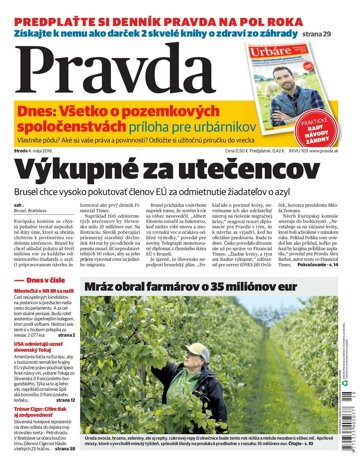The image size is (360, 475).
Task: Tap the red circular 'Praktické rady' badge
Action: pyautogui.click(x=334, y=123)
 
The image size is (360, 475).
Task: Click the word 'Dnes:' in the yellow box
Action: pyautogui.click(x=41, y=114)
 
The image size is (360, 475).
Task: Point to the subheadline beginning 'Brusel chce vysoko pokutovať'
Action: pyautogui.click(x=180, y=190)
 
